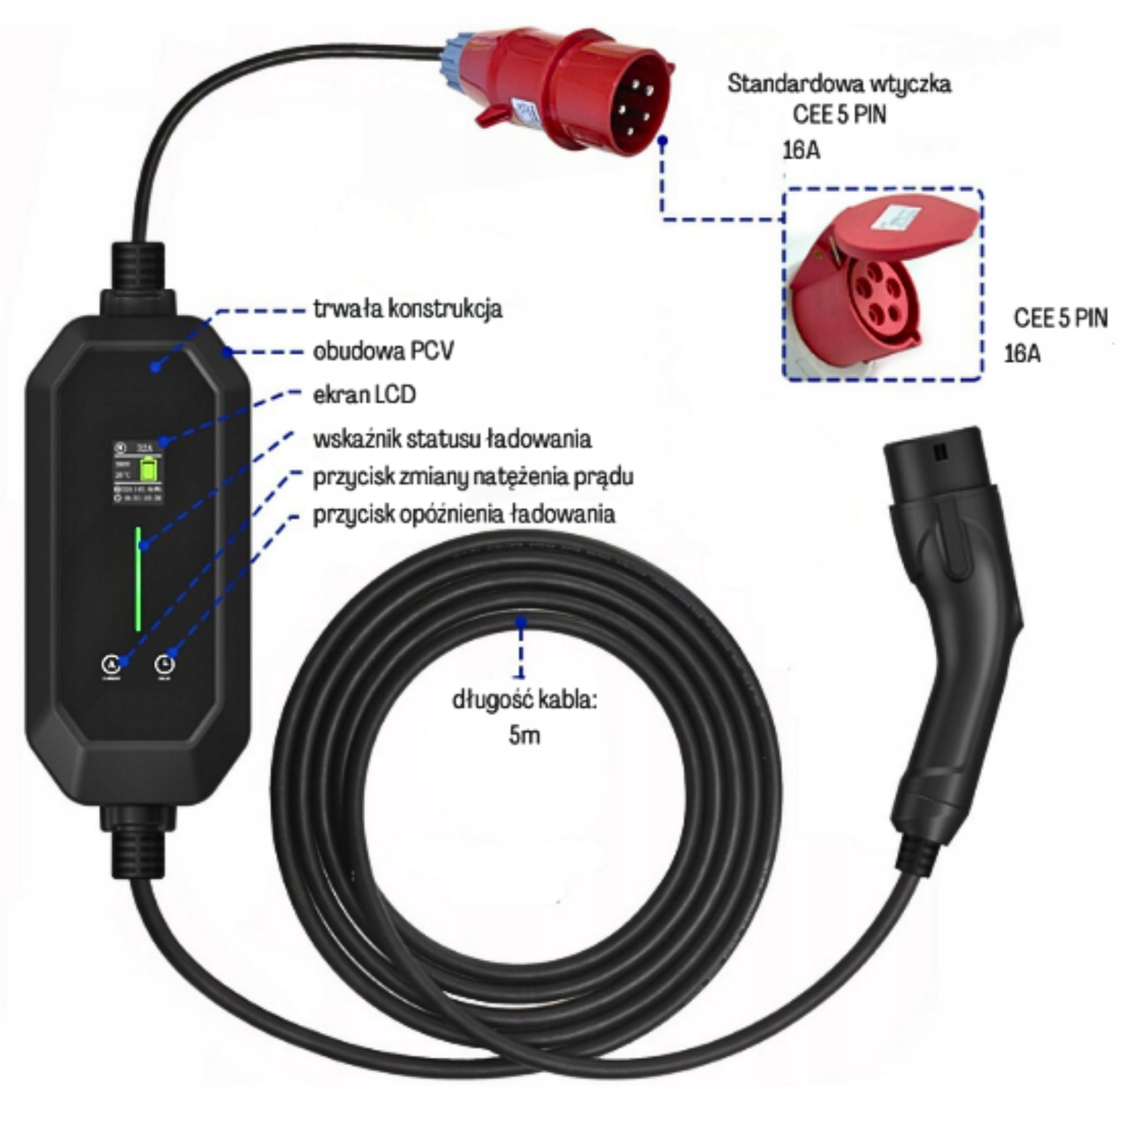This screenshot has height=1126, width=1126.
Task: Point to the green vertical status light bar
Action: click(138, 579)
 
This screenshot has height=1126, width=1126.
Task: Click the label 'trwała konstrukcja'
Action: click(407, 309)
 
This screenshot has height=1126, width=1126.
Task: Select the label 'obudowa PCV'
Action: click(383, 352)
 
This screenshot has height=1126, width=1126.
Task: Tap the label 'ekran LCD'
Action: click(364, 395)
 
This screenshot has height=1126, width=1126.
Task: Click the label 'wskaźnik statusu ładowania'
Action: click(452, 438)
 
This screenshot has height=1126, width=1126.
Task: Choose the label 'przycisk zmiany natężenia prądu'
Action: click(473, 477)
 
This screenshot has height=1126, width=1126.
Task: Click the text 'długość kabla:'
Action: click(524, 700)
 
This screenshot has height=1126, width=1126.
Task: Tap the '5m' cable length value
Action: click(524, 735)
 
